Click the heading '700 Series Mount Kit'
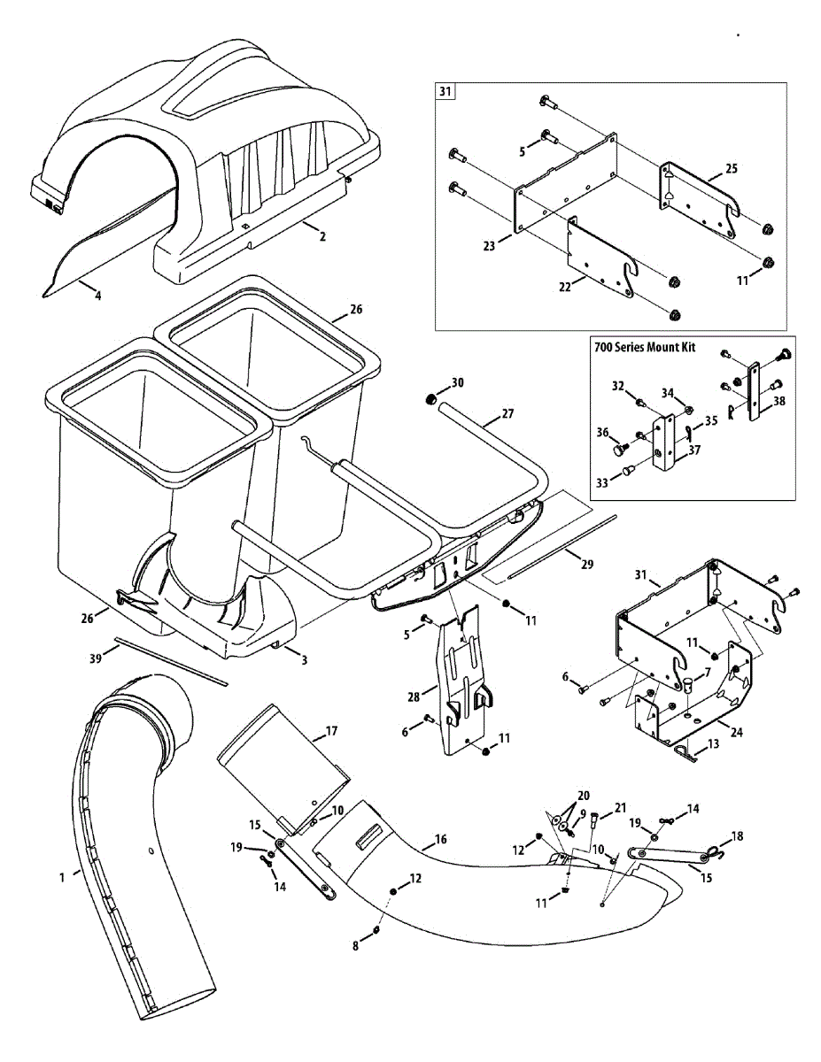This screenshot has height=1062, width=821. pyautogui.click(x=644, y=347)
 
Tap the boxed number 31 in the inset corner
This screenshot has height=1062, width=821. pyautogui.click(x=444, y=91)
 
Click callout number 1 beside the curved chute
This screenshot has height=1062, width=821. pyautogui.click(x=62, y=877)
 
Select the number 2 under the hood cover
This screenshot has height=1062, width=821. pyautogui.click(x=322, y=236)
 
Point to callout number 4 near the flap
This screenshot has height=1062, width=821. pyautogui.click(x=97, y=296)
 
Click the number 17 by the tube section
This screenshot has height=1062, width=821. pyautogui.click(x=331, y=731)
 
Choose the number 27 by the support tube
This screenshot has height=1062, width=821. pyautogui.click(x=507, y=413)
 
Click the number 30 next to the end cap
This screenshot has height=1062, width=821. pyautogui.click(x=457, y=382)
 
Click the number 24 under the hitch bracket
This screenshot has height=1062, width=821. pyautogui.click(x=736, y=731)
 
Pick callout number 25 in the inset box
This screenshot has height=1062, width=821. pyautogui.click(x=731, y=168)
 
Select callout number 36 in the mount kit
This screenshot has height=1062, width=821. pyautogui.click(x=603, y=433)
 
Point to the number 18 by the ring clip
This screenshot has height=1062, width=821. pyautogui.click(x=737, y=836)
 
